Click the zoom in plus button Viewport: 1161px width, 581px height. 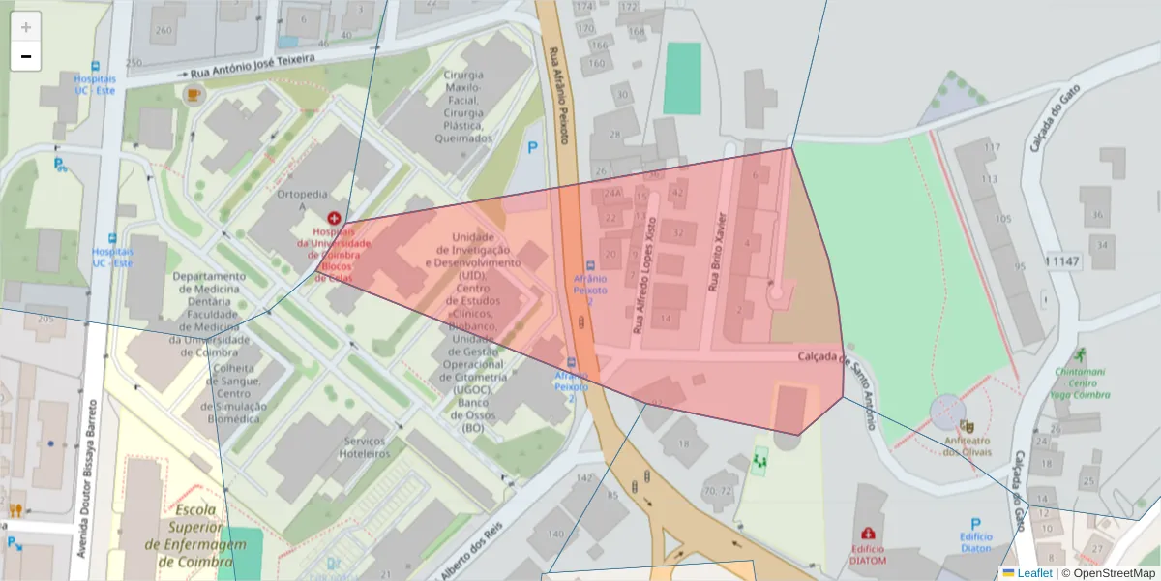click(26, 27)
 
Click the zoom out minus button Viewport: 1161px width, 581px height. click(26, 56)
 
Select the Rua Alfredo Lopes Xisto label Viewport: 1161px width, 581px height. click(644, 275)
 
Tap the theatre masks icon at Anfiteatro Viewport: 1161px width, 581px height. click(966, 425)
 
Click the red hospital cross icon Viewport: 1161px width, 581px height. click(334, 220)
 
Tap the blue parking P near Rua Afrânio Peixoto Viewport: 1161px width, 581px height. click(531, 148)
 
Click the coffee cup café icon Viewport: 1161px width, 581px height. click(193, 94)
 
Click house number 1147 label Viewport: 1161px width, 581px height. click(1061, 261)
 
